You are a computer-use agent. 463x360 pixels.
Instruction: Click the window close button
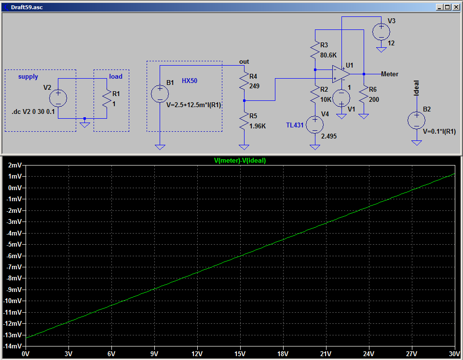pos(456,7)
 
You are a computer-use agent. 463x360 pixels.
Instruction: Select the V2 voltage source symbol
pos(58,98)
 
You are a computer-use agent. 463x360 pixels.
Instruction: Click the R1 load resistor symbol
pos(107,98)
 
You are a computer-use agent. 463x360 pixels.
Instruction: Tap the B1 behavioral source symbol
pos(160,94)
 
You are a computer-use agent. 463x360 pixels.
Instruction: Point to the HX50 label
pos(189,81)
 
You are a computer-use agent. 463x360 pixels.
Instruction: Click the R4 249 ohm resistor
pos(244,81)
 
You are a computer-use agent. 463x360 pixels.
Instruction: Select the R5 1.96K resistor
pos(244,121)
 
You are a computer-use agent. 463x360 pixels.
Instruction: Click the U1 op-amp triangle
pos(341,74)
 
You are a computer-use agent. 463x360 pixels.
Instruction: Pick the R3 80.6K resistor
pos(315,50)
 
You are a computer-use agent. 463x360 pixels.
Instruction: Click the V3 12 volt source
pos(381,32)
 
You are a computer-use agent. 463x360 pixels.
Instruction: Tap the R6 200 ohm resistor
pos(364,94)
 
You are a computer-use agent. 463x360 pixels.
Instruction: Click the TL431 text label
pos(295,125)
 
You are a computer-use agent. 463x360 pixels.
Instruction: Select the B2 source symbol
pos(416,121)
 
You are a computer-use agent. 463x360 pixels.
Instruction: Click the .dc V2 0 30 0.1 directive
pos(33,112)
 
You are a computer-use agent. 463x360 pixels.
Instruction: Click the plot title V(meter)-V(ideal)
pos(240,161)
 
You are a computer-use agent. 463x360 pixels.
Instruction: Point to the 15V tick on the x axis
pos(240,354)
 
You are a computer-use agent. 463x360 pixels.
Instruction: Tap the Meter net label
pos(390,74)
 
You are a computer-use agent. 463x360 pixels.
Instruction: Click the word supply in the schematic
pos(28,77)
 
